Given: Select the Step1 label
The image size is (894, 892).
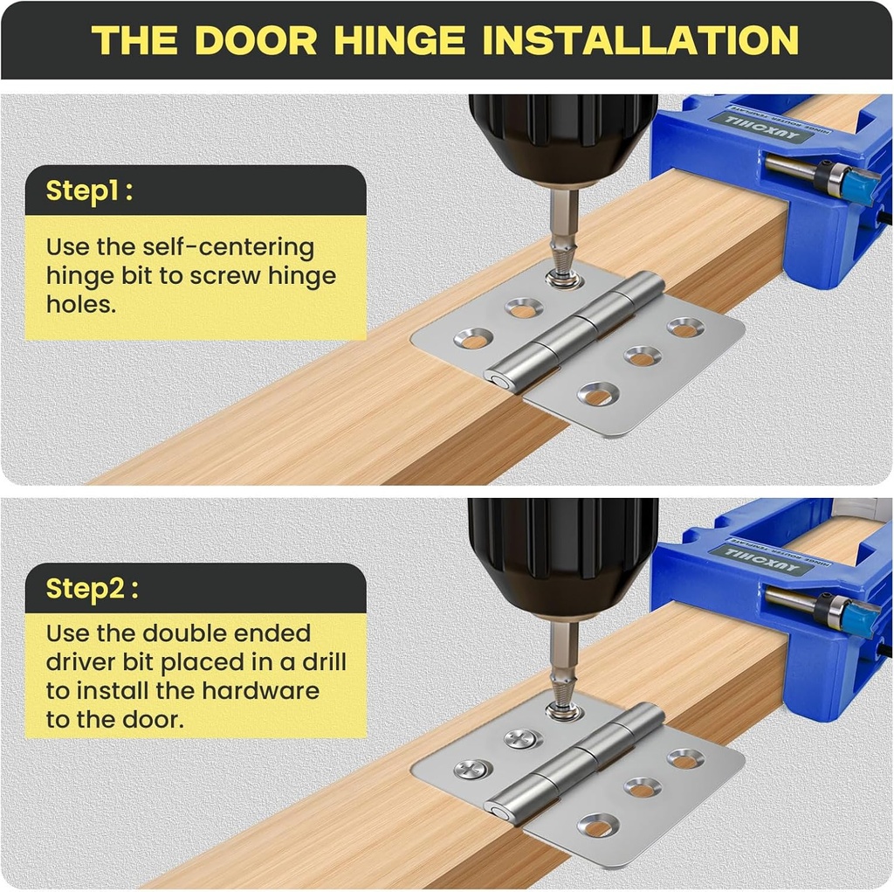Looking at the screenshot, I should point(89,190).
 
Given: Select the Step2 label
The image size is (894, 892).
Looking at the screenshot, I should point(92,588).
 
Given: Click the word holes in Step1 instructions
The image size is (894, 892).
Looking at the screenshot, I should point(81,304).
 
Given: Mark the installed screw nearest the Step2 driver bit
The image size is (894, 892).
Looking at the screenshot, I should point(523,738).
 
